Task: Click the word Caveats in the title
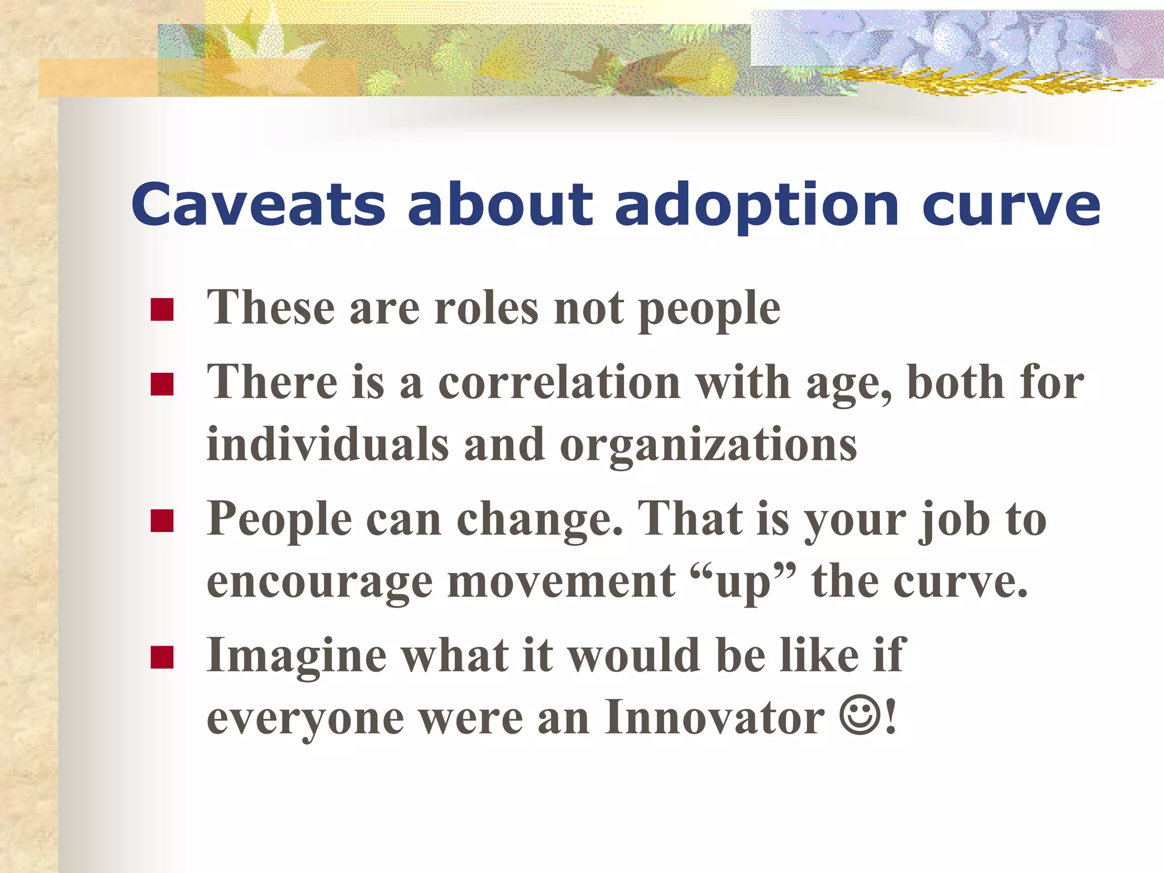coord(258,204)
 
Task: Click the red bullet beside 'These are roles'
coord(162,310)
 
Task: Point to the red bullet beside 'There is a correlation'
coord(162,384)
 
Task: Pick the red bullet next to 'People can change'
coord(162,521)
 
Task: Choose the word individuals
coord(328,444)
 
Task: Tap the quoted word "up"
coord(743,583)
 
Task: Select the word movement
coord(562,582)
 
